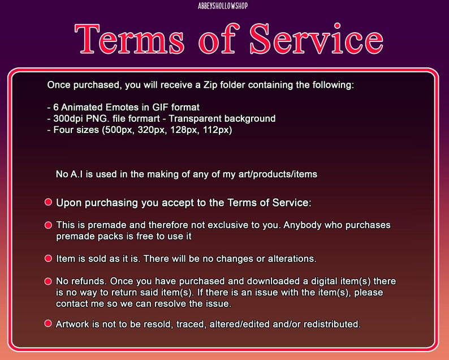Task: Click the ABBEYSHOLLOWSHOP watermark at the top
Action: (x=223, y=6)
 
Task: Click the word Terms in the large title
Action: (x=129, y=38)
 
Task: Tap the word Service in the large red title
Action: (x=317, y=38)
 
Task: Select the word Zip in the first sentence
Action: (x=210, y=85)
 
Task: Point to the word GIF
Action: (x=161, y=107)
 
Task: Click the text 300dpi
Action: (x=64, y=119)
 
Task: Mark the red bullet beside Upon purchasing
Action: (x=49, y=202)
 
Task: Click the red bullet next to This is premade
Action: (x=49, y=225)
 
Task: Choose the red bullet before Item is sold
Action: (x=49, y=259)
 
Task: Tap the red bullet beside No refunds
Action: (x=49, y=281)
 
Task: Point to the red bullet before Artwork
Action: (x=49, y=324)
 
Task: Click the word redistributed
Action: (x=332, y=324)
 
